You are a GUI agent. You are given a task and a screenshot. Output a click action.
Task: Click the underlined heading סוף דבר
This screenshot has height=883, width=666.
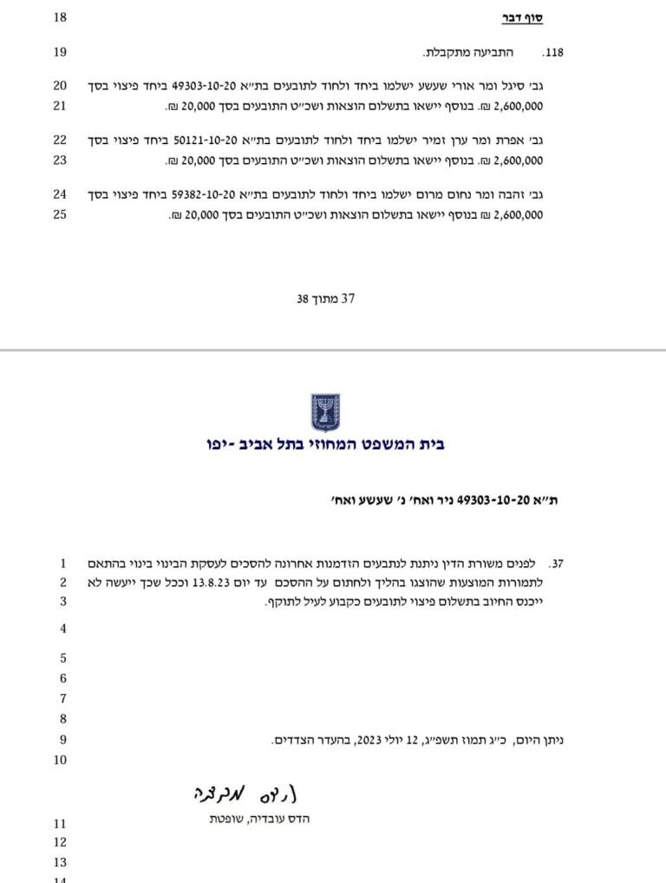pyautogui.click(x=524, y=18)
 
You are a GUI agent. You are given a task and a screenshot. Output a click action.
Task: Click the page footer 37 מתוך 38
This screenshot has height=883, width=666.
pyautogui.click(x=326, y=299)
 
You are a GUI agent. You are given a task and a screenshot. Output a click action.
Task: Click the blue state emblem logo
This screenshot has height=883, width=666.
pyautogui.click(x=326, y=413)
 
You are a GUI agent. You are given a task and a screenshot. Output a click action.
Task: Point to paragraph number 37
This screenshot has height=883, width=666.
pyautogui.click(x=557, y=563)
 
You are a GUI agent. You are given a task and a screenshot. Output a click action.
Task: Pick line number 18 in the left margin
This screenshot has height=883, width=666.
pyautogui.click(x=60, y=18)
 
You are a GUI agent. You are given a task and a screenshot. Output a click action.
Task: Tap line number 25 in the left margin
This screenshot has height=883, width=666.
pyautogui.click(x=60, y=214)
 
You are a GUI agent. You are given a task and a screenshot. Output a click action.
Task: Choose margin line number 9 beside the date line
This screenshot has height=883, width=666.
pyautogui.click(x=62, y=740)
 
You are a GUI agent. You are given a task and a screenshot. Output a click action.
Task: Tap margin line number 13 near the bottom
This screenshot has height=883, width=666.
pyautogui.click(x=60, y=862)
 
